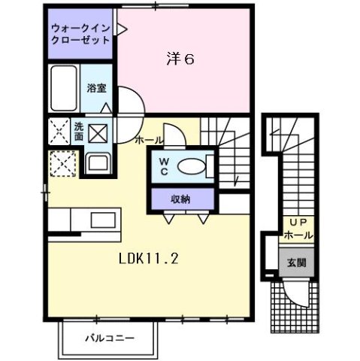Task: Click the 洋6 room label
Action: pos(180,58)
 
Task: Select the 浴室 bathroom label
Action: pos(95,88)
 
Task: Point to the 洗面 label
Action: pos(79,132)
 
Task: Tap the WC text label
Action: pos(164,168)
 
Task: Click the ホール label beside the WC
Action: pos(150,141)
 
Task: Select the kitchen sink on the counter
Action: pos(99,221)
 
